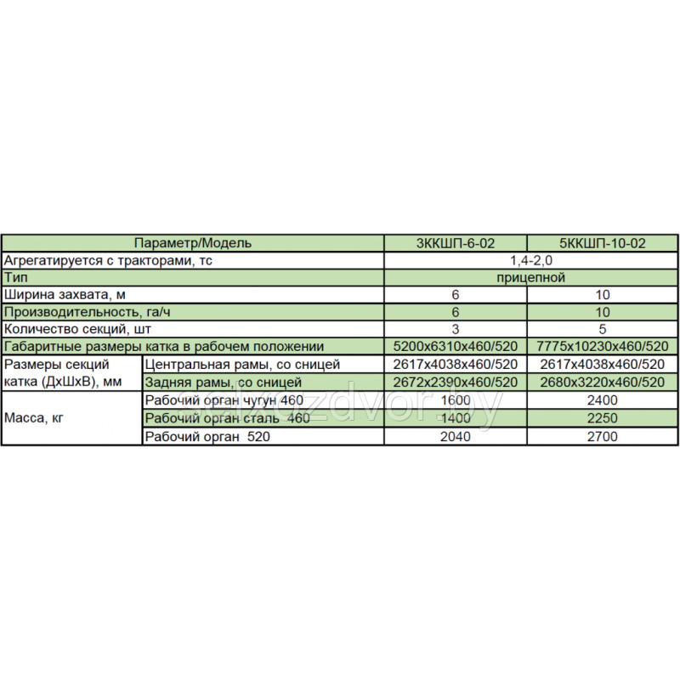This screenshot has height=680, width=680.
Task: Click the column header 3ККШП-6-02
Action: click(456, 243)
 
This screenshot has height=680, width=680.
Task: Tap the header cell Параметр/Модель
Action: click(194, 243)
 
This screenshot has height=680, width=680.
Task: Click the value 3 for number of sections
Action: click(456, 328)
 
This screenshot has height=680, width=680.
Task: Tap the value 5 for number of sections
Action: click(603, 328)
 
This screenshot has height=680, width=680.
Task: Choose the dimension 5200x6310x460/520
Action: click(456, 347)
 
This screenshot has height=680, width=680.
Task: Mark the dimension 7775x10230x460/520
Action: click(603, 347)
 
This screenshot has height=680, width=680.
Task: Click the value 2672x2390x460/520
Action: click(456, 382)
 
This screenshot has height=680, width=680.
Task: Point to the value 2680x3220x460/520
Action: click(603, 382)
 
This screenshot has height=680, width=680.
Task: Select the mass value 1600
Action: click(456, 400)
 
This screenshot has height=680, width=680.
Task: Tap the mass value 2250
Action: click(603, 418)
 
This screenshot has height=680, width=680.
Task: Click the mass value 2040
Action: click(456, 436)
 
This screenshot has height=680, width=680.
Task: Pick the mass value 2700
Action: click(603, 436)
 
